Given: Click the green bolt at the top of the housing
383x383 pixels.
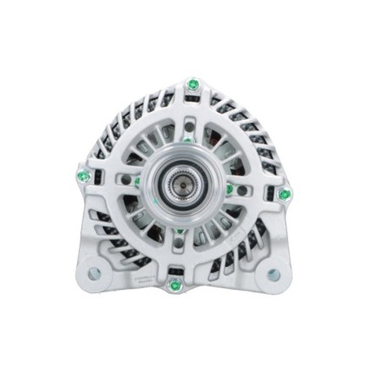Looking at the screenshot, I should pos(193,85).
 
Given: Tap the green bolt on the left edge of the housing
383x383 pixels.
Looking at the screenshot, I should pos(83,176).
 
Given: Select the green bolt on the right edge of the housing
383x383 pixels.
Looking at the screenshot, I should pos(285,194).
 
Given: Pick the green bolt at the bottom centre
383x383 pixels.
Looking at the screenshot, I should pos(175,285).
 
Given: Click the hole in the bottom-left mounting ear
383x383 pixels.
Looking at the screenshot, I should pos(93,274).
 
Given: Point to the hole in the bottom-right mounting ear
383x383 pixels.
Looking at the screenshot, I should pos(273,275).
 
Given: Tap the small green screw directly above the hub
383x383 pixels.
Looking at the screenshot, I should pos(187,140).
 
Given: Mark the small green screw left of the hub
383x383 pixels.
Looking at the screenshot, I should pos(136,180).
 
